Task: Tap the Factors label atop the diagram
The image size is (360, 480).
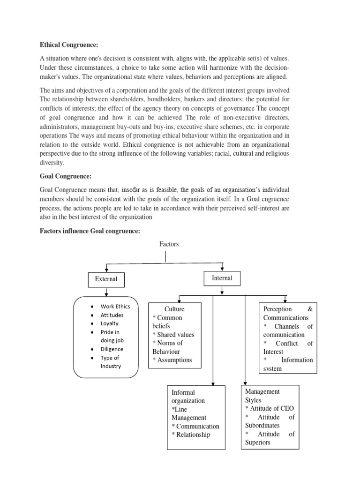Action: click(169, 244)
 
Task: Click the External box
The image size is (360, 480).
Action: click(106, 279)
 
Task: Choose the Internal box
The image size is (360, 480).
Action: click(222, 278)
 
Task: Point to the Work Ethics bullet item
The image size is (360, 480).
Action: click(115, 307)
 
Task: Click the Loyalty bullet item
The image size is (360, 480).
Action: click(110, 323)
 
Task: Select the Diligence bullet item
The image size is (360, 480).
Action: click(112, 349)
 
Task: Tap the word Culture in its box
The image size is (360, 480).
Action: click(174, 309)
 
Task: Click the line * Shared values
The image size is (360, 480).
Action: click(173, 335)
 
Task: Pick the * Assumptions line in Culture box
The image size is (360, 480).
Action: click(172, 360)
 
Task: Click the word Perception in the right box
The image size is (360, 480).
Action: click(277, 309)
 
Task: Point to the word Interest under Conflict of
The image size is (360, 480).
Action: click(273, 352)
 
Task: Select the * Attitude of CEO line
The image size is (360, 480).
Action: click(269, 408)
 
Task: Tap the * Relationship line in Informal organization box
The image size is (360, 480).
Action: click(191, 435)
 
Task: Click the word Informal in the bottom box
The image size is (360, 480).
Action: click(183, 392)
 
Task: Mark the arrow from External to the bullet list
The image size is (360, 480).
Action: click(107, 292)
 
